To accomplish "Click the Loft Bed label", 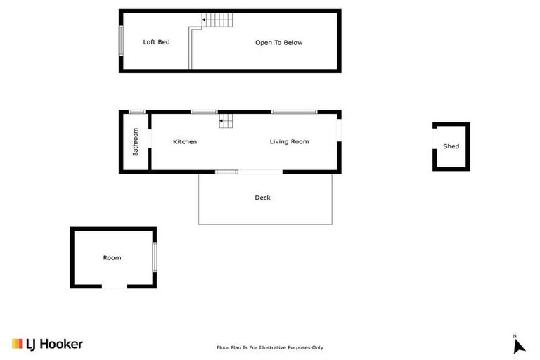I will coord(156,42).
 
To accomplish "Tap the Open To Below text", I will coord(278,43).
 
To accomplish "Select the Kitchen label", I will coord(185,142).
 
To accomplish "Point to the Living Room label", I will coord(289,142).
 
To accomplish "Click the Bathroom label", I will coord(136,141).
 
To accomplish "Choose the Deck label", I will coord(262,198).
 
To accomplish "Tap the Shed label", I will coord(451,146).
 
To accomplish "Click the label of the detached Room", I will coord(112,258).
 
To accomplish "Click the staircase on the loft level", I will coord(217,20).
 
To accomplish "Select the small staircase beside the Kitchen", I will coord(226,121).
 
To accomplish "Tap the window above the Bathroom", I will coord(137,112).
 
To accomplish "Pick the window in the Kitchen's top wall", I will coord(204,112).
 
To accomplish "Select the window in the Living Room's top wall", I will coord(294,112).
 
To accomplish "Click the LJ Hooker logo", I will coord(47,344).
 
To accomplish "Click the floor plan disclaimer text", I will coord(269,347).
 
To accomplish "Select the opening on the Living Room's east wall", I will coord(339,131).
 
